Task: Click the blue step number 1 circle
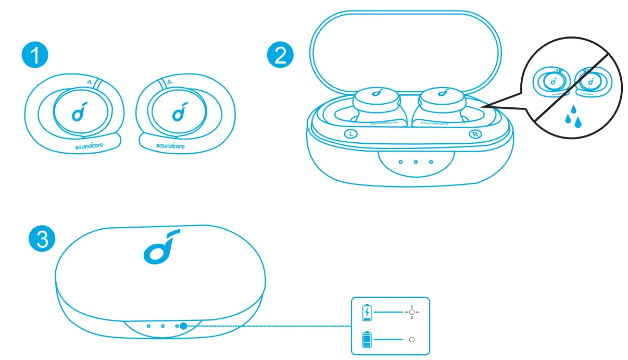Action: [35, 56]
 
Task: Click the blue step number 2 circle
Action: [280, 56]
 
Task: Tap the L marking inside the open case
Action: [351, 133]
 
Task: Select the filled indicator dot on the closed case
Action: [183, 326]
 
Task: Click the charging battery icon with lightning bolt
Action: [368, 312]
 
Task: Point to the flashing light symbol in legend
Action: [412, 312]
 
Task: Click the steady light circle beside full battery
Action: [412, 339]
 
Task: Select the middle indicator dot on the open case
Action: [416, 162]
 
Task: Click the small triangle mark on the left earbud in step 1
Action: [89, 82]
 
